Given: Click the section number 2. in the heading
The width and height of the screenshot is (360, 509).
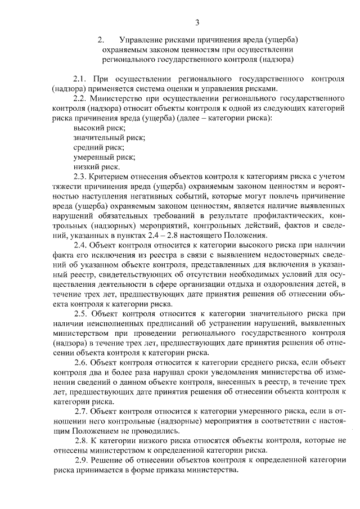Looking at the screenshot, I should tap(101, 39).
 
